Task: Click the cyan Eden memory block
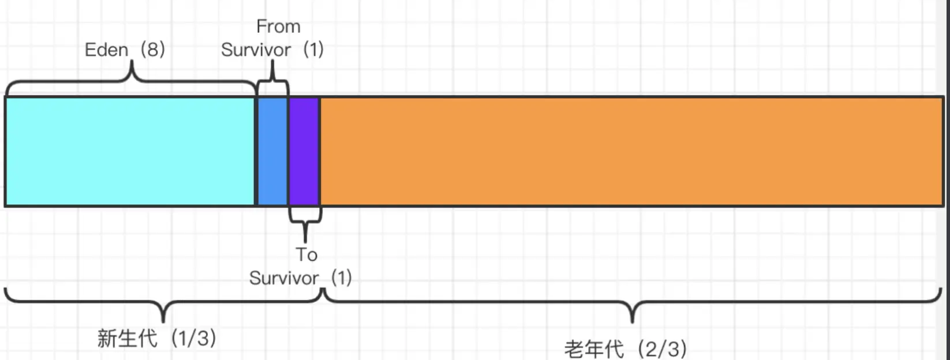pos(130,151)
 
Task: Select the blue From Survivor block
pos(272,151)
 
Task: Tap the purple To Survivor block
pos(304,151)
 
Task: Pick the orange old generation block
pos(631,151)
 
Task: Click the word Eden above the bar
pos(106,50)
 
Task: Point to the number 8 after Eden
pos(152,50)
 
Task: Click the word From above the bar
pos(278,27)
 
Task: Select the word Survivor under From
pos(256,50)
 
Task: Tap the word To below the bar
pos(306,254)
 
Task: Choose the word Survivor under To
pos(283,278)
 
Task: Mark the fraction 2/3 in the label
pos(664,349)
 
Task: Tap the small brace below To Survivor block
pos(305,222)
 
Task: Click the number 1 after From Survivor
pos(313,50)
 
